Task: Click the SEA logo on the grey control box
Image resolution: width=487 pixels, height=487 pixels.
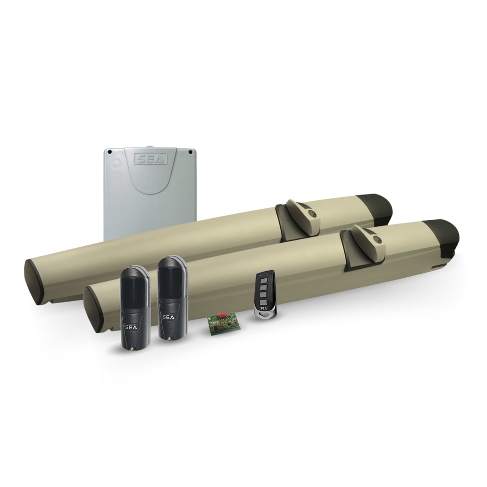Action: [x=150, y=159]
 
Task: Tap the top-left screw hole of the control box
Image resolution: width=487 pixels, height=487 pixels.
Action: [x=109, y=152]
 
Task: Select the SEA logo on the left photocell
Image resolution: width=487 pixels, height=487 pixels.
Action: [x=130, y=327]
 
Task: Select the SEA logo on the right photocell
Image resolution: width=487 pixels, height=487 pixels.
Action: [x=169, y=317]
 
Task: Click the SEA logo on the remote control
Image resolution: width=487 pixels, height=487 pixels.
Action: [x=263, y=308]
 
